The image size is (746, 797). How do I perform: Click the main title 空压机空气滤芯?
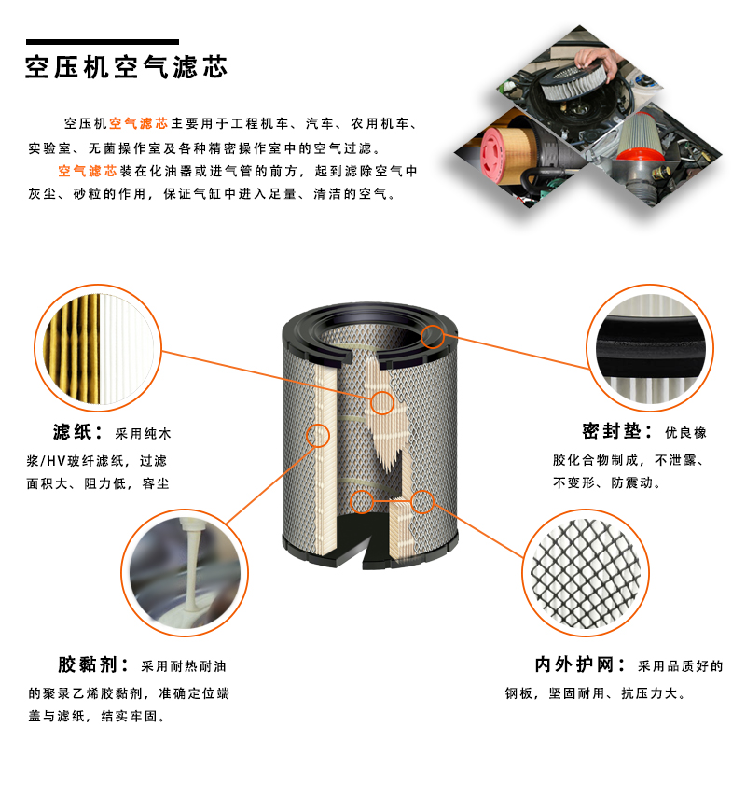click(126, 67)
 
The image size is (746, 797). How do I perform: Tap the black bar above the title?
click(102, 42)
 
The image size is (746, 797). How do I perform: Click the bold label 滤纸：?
click(78, 432)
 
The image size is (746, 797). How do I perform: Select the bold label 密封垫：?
click(617, 431)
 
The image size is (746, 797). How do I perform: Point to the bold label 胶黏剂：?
click(94, 664)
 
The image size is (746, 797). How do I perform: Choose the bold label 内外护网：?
click(580, 664)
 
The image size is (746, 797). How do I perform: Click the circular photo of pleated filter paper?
click(98, 348)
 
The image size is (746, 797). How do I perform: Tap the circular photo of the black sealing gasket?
click(650, 348)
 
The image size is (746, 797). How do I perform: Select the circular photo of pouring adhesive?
click(185, 573)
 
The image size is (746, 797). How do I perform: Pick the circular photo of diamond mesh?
click(586, 573)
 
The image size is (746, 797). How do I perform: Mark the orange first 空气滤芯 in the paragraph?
click(138, 123)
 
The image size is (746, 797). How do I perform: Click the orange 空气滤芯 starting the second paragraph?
click(88, 171)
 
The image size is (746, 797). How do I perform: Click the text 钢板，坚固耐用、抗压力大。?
click(596, 693)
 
